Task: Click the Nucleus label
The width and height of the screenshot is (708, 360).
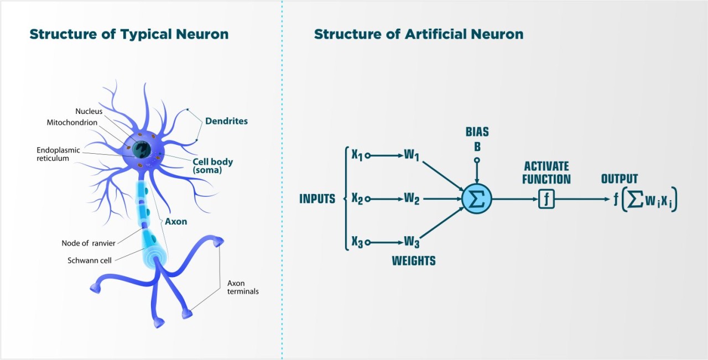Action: coord(88,111)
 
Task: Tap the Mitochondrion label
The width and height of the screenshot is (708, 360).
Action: coord(72,122)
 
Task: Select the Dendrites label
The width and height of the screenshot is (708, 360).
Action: coord(226,121)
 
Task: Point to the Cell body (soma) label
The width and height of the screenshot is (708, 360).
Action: coord(212,166)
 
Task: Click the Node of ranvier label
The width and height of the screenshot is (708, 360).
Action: coord(88,243)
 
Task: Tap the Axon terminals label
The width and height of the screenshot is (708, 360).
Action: coord(243,287)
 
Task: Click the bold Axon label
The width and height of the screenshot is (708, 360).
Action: coord(175,221)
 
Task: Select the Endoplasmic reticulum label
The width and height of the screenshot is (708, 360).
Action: coord(58,154)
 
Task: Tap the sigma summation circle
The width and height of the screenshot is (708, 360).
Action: coord(476,199)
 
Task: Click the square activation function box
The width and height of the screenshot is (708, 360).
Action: coord(546,199)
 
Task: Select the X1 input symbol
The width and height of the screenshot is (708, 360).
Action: coord(357,155)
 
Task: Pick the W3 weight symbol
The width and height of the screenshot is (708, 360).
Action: coord(412,242)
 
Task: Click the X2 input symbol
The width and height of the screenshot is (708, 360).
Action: coord(357,199)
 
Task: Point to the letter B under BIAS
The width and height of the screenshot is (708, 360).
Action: coord(477,147)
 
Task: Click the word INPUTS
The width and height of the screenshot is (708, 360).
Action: coord(317,199)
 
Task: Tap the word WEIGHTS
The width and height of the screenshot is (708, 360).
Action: coord(413,261)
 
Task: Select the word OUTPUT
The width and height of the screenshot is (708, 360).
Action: coord(619,179)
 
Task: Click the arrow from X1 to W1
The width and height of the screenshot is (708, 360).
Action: coord(385,155)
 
